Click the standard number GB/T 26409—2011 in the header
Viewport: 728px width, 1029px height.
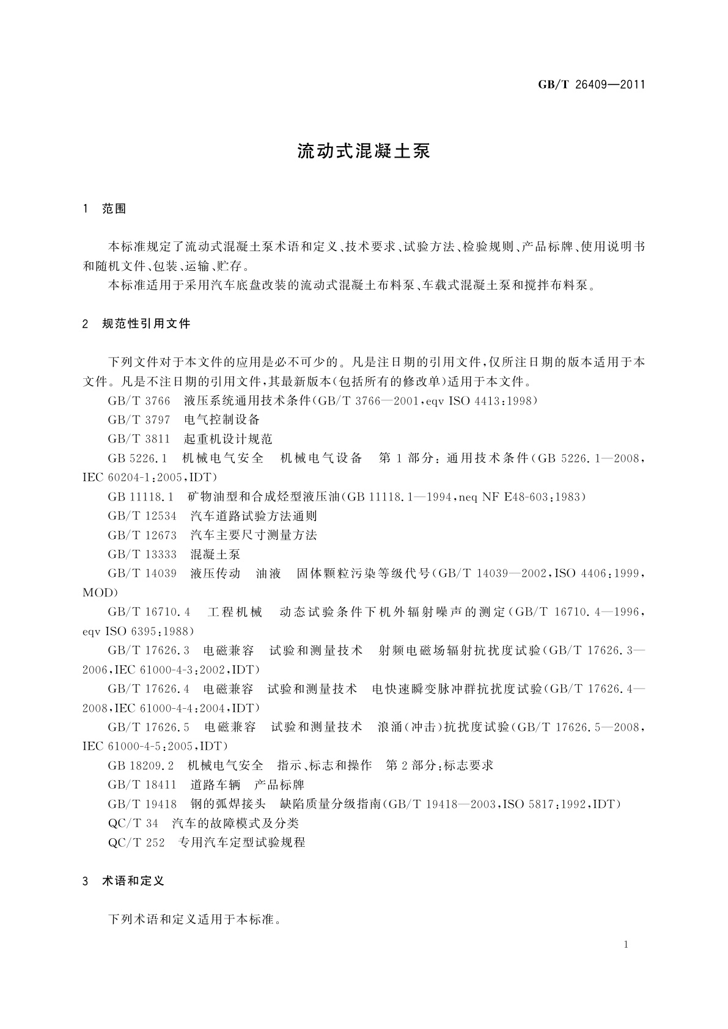pos(591,85)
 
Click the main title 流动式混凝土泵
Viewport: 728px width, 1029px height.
pos(364,152)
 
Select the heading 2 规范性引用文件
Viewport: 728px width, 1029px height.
pos(136,324)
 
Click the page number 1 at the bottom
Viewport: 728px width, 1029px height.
pos(626,945)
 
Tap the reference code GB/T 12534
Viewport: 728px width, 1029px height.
pos(142,516)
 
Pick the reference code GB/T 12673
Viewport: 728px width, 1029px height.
pos(142,535)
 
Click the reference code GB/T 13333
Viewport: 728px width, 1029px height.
pos(142,554)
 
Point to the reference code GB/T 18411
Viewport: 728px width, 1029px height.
pos(142,785)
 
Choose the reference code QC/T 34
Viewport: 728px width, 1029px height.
pos(133,823)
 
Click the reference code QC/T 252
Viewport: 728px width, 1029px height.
pos(136,842)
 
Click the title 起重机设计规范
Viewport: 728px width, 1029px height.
pos(228,439)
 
